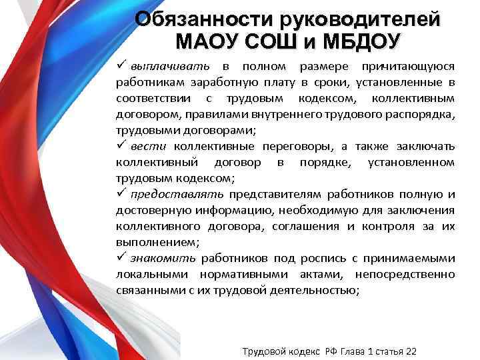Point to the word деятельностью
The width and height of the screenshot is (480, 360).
[x=315, y=290]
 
